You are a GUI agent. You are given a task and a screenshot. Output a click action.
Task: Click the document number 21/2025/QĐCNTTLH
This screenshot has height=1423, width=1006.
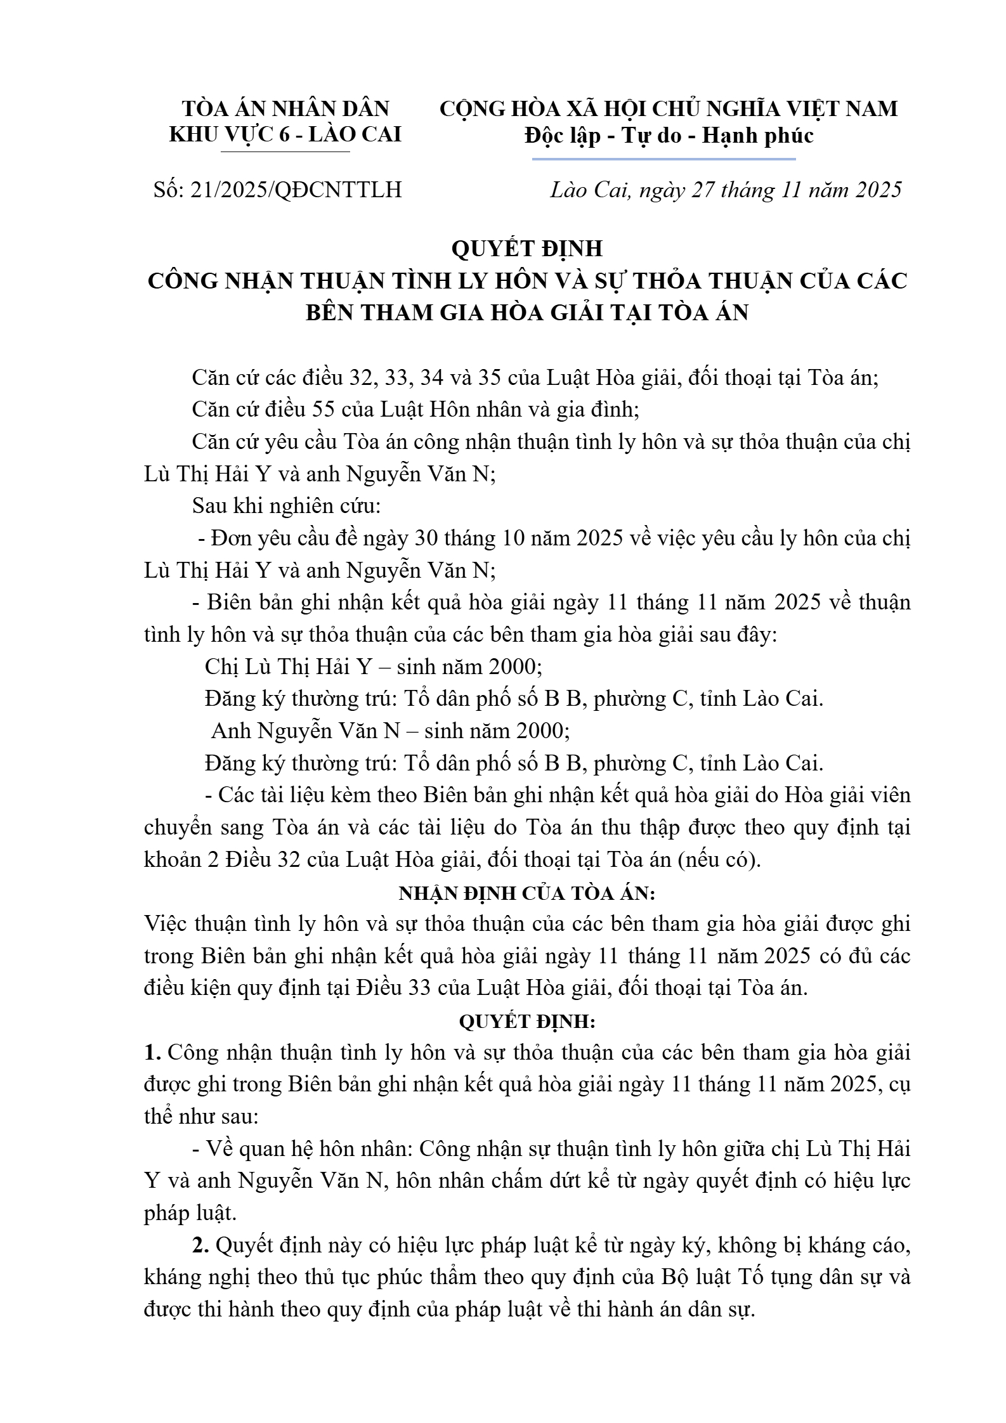pos(296,190)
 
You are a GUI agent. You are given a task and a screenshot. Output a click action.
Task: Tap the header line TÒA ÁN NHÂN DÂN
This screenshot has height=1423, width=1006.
pos(285,108)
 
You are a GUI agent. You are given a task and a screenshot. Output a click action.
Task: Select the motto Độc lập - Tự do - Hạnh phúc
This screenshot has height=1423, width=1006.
pos(669,136)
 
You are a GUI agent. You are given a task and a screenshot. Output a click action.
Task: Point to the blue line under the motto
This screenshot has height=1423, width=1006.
pos(663,159)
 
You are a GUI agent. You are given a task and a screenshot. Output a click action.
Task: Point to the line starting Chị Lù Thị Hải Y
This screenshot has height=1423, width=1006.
pos(373,666)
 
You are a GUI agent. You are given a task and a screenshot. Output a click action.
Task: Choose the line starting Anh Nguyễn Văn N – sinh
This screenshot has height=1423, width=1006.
pos(390,731)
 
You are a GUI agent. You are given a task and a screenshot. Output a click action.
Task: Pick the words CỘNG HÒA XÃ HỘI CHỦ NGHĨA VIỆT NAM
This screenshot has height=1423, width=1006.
pos(669,108)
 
